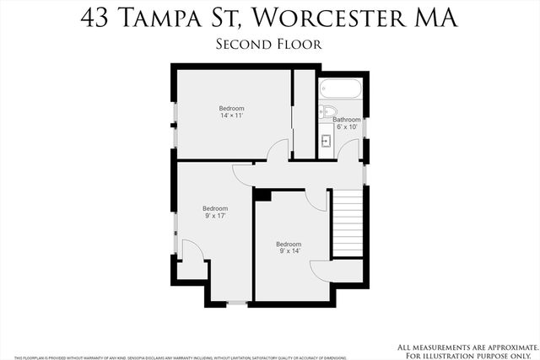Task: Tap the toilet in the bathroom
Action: pos(330,111)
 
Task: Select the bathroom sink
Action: pos(326,141)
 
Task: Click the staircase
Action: pos(348,223)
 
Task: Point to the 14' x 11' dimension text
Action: pos(231,116)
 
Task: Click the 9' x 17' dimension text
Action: pos(214,216)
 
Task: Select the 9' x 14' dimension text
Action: pos(289,251)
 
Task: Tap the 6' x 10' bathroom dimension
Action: pos(347,127)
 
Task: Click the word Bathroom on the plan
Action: pos(347,120)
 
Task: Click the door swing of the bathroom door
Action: pos(349,149)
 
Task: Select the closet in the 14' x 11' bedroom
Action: pos(303,114)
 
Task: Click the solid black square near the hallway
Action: pos(262,196)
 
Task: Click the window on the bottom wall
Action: pos(237,302)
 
